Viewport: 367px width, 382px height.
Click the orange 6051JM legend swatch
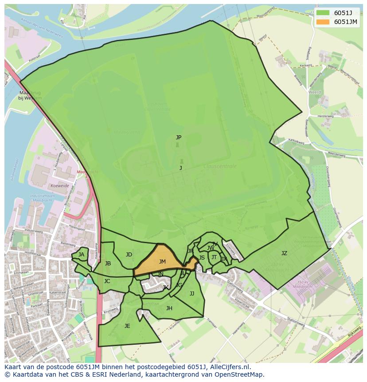coord(323,22)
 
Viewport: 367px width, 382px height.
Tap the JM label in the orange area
coord(162,262)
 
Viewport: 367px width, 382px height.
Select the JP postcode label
coord(178,138)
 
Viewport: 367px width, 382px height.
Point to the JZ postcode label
coord(284,253)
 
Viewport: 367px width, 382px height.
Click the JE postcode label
coord(127,326)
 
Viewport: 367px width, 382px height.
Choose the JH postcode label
coord(169,308)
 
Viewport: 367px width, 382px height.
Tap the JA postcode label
coord(81,255)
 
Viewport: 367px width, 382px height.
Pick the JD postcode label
coord(129,255)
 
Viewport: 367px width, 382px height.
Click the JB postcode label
coord(108,264)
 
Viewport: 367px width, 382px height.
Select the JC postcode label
coord(107,281)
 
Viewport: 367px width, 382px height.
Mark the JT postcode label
coord(214,257)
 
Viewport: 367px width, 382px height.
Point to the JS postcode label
coord(202,258)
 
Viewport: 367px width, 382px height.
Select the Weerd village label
coord(314,92)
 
